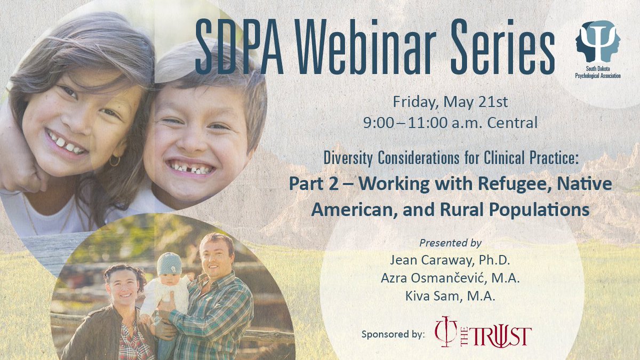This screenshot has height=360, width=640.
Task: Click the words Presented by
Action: point(450,243)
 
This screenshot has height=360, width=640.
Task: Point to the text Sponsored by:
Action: point(393,335)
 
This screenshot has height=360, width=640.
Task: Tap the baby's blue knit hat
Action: point(169,263)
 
